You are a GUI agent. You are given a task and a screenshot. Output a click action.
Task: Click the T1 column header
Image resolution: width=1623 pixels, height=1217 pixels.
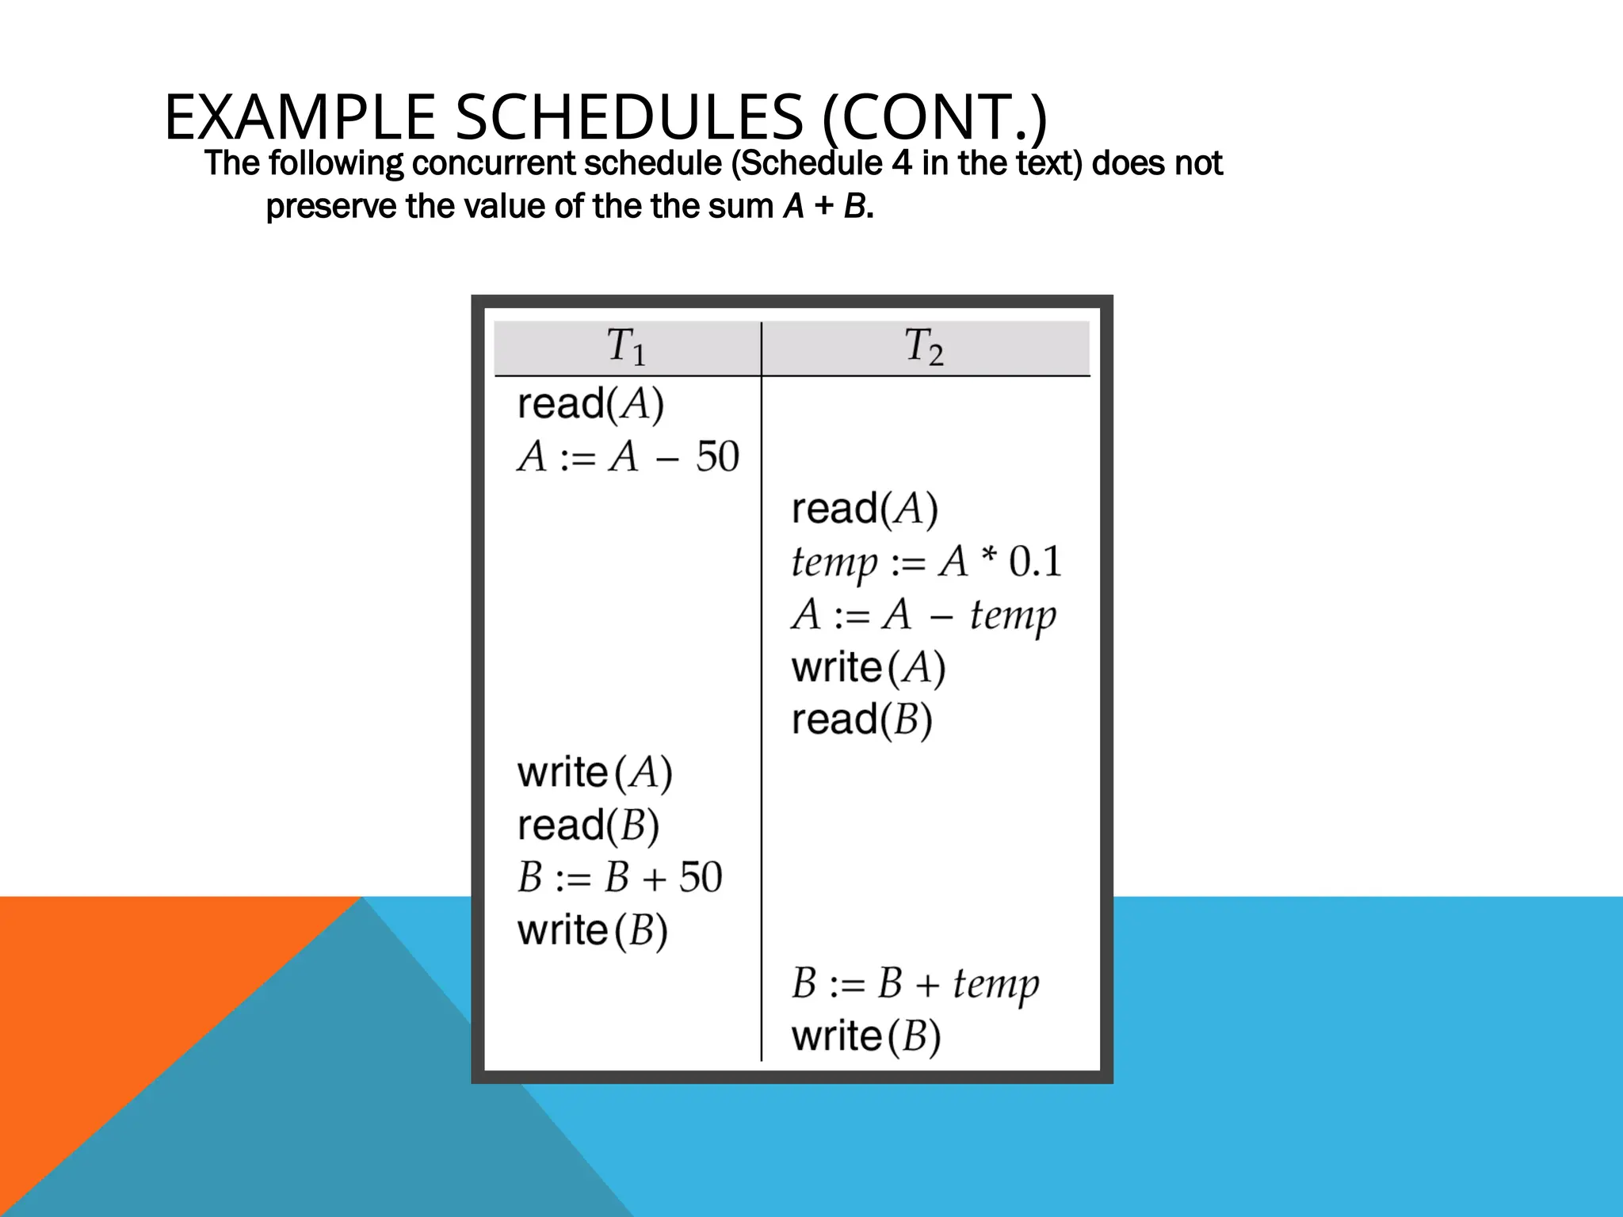click(626, 347)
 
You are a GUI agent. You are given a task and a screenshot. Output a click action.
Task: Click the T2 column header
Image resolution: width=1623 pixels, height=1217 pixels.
click(924, 347)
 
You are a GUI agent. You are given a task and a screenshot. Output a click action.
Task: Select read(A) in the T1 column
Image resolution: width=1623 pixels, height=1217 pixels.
click(590, 403)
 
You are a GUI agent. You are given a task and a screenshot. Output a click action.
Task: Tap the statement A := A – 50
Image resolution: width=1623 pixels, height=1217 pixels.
click(628, 456)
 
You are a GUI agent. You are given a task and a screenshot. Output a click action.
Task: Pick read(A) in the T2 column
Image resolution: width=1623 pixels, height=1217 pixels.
click(865, 509)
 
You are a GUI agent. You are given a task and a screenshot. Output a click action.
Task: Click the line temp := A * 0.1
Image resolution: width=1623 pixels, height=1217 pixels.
click(926, 562)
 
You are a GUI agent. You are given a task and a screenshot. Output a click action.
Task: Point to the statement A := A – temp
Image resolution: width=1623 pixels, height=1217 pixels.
click(923, 615)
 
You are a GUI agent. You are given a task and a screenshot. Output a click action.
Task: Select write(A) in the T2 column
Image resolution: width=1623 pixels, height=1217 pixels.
click(869, 667)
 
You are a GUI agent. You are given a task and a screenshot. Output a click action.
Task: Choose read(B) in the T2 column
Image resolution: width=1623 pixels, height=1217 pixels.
click(862, 719)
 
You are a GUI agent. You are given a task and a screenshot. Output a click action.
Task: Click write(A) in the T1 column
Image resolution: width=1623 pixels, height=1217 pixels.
click(594, 773)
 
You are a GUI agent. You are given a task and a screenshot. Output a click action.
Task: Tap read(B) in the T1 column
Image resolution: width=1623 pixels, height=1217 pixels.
click(588, 826)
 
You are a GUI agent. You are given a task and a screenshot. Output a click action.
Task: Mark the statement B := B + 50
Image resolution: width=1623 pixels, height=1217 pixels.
click(620, 878)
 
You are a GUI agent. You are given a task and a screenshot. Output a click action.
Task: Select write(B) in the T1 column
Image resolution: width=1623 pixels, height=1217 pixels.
click(593, 930)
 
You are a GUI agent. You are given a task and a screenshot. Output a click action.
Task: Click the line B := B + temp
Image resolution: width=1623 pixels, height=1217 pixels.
click(915, 984)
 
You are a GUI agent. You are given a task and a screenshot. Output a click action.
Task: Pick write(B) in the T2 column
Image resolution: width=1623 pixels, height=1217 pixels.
click(866, 1036)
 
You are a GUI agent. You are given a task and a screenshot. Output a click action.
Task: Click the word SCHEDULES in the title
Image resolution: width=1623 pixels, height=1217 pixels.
click(629, 117)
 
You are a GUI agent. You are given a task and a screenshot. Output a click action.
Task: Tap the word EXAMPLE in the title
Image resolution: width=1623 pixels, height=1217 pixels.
click(300, 117)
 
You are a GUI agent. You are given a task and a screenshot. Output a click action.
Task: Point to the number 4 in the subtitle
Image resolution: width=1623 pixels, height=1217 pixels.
click(901, 163)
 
